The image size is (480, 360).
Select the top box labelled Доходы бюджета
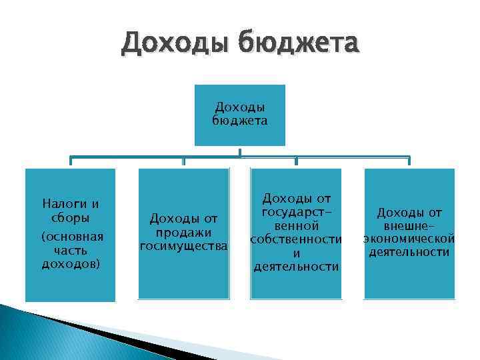[240, 115]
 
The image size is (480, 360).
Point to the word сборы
[70, 218]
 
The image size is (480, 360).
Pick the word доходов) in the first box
[70, 264]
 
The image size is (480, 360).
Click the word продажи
[183, 232]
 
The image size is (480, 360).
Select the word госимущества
[183, 246]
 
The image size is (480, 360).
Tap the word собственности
[296, 239]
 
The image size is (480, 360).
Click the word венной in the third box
[296, 225]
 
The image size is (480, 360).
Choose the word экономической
[409, 239]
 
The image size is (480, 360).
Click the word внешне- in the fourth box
[409, 226]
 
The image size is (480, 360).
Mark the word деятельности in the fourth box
[409, 253]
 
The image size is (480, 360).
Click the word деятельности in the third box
[296, 267]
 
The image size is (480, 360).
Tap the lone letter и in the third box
[296, 253]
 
